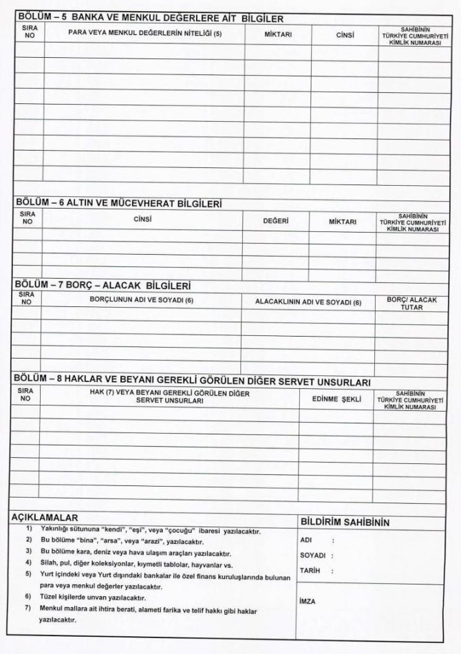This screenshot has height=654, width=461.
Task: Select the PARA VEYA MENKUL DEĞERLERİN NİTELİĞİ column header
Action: tap(144, 33)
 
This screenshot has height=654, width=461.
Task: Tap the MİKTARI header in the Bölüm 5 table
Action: tap(279, 34)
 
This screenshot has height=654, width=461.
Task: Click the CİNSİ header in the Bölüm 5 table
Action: tap(345, 34)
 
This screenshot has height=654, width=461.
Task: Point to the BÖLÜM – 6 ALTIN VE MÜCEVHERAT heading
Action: tap(118, 204)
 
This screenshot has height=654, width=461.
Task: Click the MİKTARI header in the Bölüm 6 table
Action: tap(342, 222)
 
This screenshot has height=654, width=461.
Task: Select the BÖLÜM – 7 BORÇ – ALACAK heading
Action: tap(103, 285)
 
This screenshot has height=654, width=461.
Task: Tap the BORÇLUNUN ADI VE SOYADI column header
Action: tap(142, 301)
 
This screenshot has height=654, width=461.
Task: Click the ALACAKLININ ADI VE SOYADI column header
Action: tap(308, 302)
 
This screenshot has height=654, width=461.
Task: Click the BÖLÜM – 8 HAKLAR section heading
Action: tap(193, 381)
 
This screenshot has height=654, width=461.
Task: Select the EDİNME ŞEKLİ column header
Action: tap(336, 399)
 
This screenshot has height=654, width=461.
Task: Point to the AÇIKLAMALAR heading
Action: tap(45, 517)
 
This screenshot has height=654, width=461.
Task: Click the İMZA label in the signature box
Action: tap(308, 602)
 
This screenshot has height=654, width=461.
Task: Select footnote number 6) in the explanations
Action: tap(28, 595)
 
